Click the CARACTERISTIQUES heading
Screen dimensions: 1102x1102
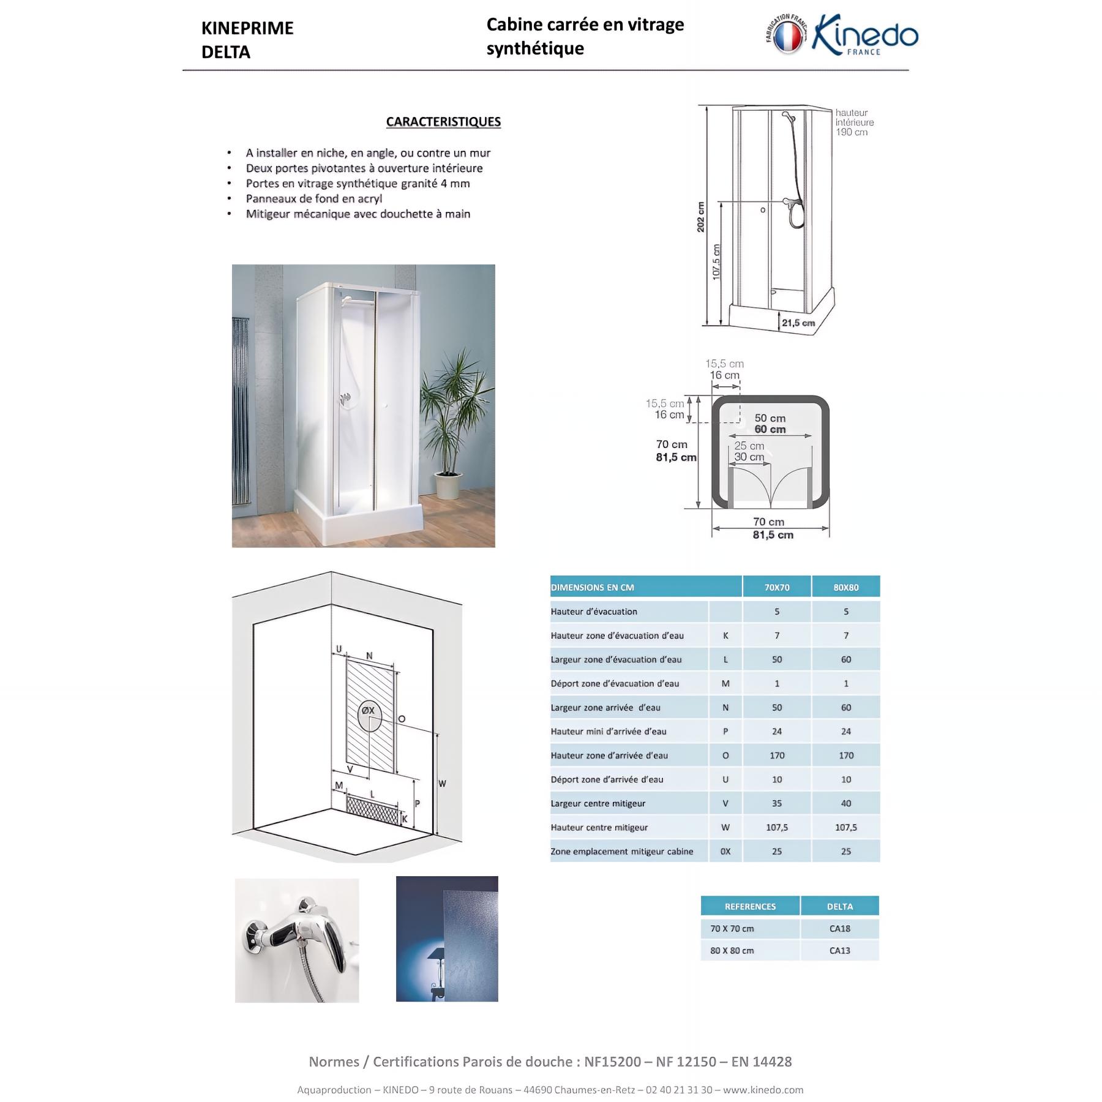coord(443,122)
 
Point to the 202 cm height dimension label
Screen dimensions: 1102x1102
coord(700,217)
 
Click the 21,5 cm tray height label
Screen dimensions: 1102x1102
coord(798,323)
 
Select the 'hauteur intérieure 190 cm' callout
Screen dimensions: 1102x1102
coord(854,122)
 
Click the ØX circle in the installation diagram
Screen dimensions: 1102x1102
coord(369,713)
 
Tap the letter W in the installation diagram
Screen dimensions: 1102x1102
coord(442,784)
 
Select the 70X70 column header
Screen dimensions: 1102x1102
coord(777,587)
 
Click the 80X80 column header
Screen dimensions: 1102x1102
coord(846,587)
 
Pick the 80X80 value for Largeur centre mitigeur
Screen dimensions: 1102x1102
coord(846,803)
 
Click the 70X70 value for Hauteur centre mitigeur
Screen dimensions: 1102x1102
coord(777,827)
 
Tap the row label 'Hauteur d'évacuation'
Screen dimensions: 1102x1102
coord(594,612)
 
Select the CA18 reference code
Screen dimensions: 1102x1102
coord(840,929)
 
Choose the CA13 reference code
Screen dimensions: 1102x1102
coord(840,951)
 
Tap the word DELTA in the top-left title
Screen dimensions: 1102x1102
coord(226,53)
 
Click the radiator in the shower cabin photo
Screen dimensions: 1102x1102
coord(241,410)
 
